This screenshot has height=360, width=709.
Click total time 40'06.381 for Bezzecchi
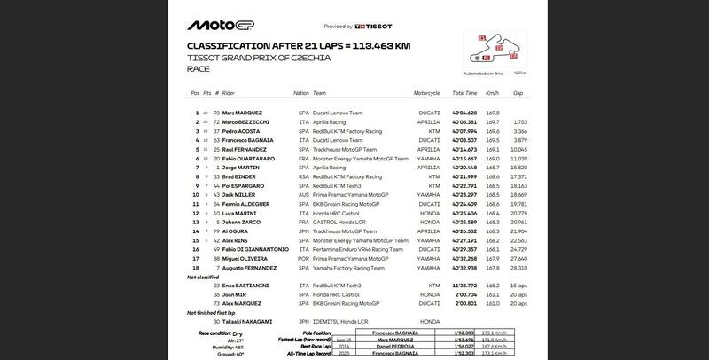[x=464, y=122]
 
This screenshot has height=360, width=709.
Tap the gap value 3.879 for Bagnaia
[x=519, y=140]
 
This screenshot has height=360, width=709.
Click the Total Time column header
[x=464, y=93]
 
